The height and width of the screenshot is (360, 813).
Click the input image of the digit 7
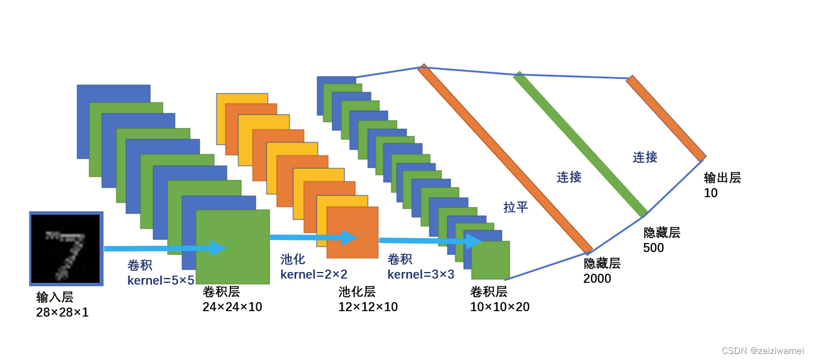click(66, 248)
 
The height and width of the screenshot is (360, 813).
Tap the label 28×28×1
click(62, 312)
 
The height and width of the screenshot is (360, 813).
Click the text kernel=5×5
click(160, 280)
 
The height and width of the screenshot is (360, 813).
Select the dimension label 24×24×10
click(232, 307)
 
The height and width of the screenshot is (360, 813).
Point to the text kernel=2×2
click(314, 274)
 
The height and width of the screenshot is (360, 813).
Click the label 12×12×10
click(368, 307)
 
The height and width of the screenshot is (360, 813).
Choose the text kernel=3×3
click(420, 274)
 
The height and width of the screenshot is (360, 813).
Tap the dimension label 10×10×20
click(499, 307)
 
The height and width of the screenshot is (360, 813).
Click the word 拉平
click(516, 207)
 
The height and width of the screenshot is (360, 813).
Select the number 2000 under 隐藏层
click(597, 279)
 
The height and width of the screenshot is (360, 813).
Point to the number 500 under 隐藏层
click(653, 248)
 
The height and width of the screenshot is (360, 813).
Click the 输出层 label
click(722, 178)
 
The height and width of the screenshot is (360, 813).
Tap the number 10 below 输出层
click(710, 193)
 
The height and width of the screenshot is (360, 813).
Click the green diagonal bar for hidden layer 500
click(580, 145)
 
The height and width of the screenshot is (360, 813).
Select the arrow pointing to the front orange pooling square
click(313, 238)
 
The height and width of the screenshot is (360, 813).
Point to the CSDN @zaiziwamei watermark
click(762, 351)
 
